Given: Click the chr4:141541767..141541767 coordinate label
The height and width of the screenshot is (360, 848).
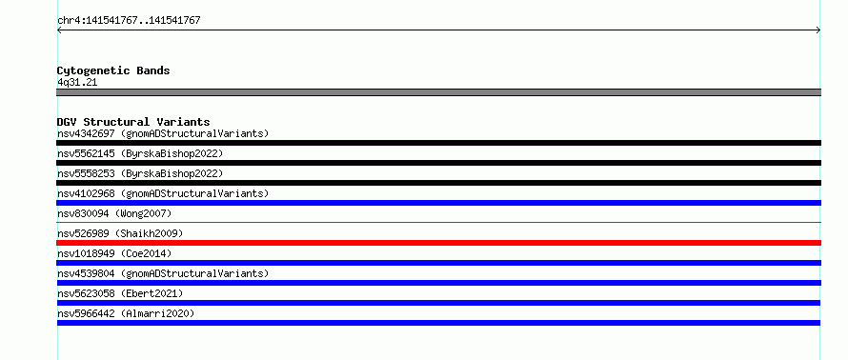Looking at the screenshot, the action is (129, 21).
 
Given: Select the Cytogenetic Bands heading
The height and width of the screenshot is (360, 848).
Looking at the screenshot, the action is (113, 70).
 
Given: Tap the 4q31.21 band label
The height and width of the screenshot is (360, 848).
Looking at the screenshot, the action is (77, 83).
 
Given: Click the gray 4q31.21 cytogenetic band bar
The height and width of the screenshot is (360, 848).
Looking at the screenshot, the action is (438, 92).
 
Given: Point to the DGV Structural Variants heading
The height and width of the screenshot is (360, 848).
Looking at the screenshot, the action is (133, 122).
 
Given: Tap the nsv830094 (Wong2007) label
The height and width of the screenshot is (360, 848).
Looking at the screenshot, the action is (114, 213).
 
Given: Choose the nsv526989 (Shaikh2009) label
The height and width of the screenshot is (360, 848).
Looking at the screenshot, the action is (120, 233).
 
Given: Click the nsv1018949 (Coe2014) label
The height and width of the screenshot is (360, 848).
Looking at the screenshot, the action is (114, 253).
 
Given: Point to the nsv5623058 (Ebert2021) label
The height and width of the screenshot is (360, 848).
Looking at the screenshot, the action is (120, 293).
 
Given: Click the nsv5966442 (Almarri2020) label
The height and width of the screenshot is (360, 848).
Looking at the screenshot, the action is (126, 313).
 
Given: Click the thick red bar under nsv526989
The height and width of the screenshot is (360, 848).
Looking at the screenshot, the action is (438, 243).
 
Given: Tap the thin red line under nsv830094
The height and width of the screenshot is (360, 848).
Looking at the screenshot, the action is (438, 222).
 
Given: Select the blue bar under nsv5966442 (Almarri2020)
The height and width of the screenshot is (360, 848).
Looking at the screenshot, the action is (438, 323).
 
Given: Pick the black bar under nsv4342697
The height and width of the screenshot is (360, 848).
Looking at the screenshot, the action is (438, 143).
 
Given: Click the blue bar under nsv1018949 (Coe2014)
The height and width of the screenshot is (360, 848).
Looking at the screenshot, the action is (438, 263).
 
